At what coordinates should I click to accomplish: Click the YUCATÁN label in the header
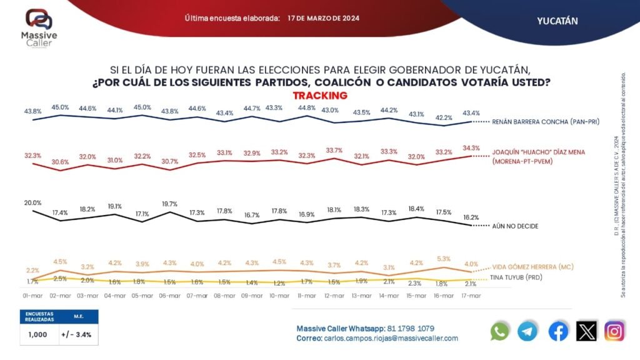557,21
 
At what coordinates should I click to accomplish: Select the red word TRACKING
320,96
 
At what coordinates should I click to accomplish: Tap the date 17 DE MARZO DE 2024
324,19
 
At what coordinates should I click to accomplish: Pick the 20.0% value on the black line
32,202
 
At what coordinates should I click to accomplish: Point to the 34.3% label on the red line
471,148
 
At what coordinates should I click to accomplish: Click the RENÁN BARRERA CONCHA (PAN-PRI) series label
546,121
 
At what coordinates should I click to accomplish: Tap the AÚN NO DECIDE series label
516,226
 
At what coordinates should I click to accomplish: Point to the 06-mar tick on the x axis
170,295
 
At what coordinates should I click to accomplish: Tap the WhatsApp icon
500,332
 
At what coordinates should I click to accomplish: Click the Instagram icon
614,332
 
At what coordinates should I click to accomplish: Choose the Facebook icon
558,332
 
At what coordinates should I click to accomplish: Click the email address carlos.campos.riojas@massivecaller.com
391,338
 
